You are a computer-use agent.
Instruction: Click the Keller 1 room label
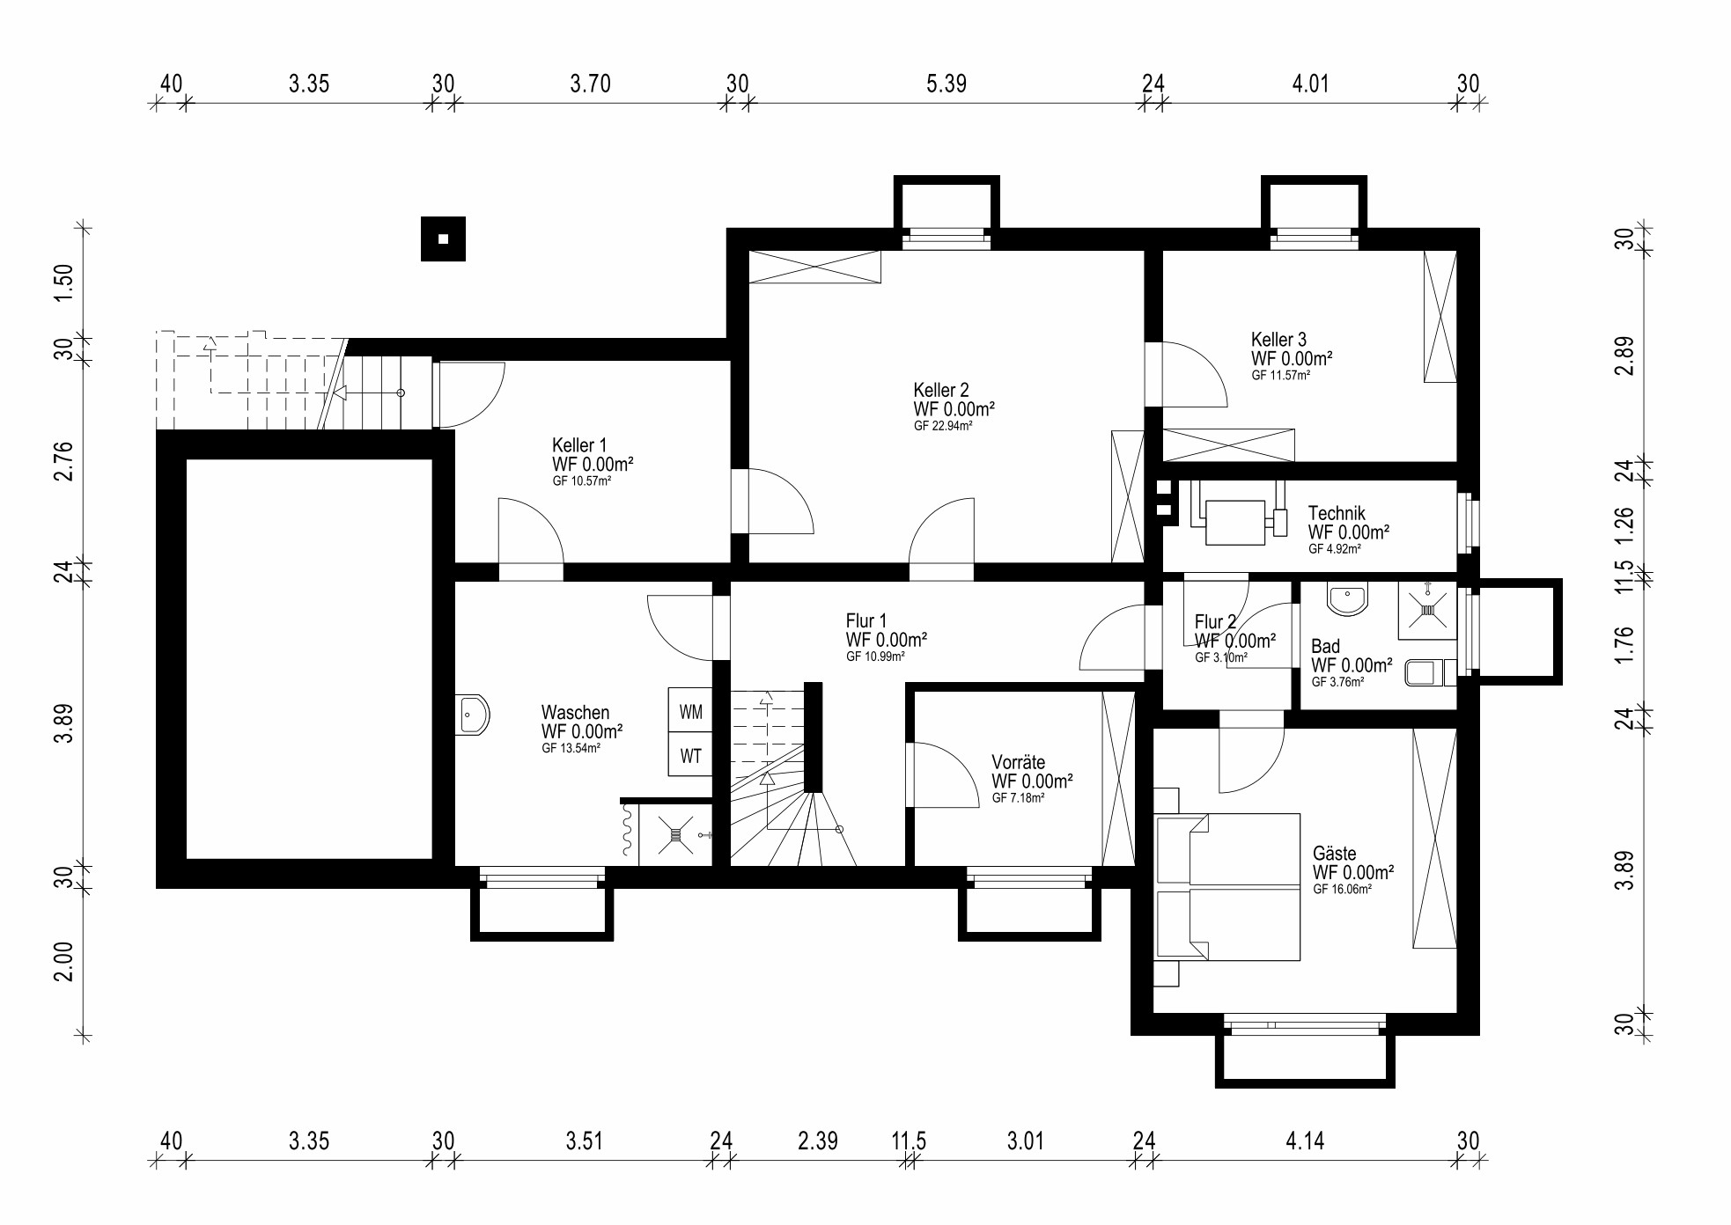click(579, 445)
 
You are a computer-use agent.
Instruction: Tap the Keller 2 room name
click(941, 390)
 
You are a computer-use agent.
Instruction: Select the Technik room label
click(1337, 513)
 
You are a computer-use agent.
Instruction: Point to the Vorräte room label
click(1019, 762)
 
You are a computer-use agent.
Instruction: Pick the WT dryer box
click(690, 755)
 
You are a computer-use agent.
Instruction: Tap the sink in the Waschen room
click(472, 714)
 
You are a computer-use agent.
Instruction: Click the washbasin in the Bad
click(1348, 598)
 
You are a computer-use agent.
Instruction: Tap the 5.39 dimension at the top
click(947, 84)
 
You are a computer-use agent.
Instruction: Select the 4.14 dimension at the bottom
click(1305, 1141)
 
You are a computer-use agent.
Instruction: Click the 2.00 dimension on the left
click(63, 962)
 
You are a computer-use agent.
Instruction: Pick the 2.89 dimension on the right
click(1624, 356)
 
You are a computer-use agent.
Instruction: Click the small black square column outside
click(443, 238)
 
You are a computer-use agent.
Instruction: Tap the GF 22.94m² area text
click(943, 426)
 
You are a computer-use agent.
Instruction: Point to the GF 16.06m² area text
click(1342, 890)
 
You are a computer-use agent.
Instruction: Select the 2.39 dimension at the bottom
click(818, 1141)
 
